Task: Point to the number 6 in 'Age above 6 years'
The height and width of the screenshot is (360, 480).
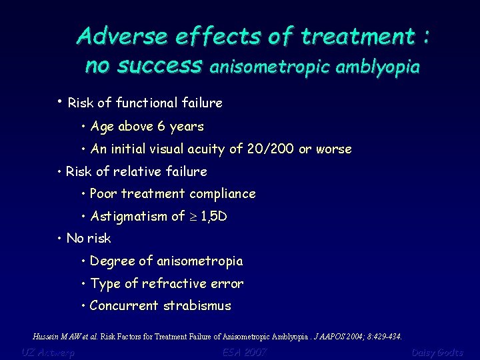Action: [161, 127]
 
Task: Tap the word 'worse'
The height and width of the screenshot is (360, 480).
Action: [334, 149]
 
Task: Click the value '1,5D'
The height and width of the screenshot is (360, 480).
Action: [213, 217]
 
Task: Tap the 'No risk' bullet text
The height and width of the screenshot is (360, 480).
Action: [89, 239]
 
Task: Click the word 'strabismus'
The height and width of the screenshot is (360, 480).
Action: [199, 307]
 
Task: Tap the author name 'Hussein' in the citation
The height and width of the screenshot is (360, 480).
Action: [45, 336]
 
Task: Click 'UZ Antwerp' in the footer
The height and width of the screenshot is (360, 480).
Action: [48, 352]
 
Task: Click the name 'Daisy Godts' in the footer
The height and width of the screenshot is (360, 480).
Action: [437, 352]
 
